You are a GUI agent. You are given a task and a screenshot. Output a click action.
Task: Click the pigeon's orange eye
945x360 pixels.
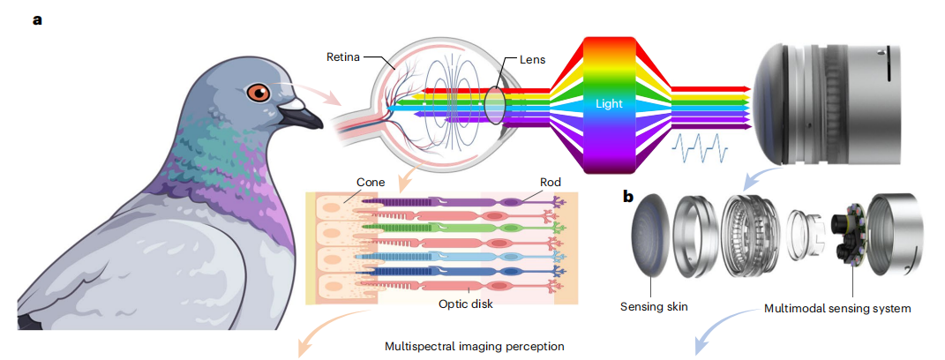258,92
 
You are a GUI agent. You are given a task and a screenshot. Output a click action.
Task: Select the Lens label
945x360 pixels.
532,60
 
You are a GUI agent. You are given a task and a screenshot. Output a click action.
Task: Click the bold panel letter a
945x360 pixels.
37,19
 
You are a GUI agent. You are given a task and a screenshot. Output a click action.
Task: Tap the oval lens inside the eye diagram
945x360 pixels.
495,103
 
